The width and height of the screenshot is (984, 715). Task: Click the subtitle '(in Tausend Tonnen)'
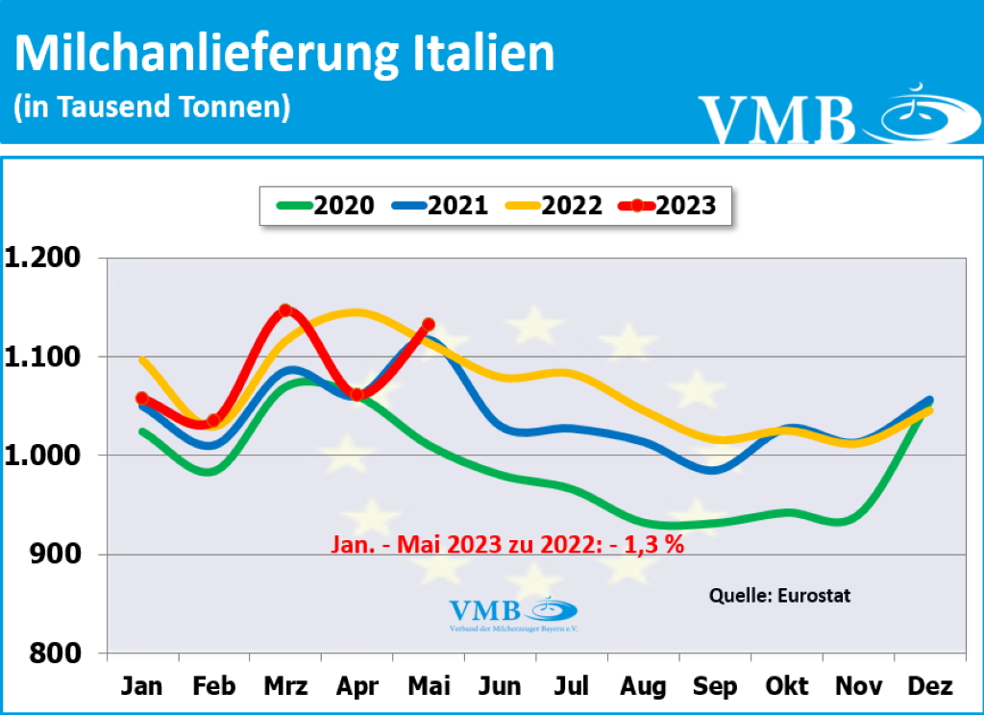152,107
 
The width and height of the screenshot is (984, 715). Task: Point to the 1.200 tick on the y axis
45,258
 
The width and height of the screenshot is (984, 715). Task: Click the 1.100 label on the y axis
45,357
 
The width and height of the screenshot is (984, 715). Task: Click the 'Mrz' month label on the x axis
285,686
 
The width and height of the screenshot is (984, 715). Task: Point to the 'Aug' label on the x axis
643,686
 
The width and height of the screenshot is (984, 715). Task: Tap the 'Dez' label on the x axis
929,686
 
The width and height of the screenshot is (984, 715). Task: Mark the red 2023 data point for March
285,310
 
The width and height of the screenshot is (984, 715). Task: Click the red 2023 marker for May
428,325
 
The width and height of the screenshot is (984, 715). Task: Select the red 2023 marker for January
142,398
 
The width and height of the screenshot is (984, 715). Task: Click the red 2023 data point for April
357,395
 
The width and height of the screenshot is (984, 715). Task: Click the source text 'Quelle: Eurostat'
779,596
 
